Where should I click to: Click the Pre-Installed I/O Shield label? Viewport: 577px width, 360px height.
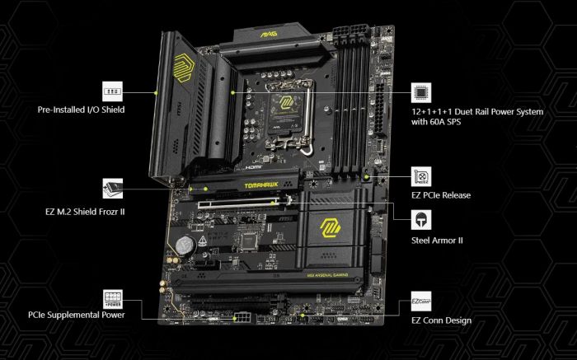81,110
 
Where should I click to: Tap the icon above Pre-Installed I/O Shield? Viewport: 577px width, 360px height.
113,91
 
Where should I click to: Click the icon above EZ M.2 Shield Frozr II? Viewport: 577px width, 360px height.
113,189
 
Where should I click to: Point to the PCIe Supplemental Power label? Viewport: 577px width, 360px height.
76,314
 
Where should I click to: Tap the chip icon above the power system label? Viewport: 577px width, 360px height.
421,91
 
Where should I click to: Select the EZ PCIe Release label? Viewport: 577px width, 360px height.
441,195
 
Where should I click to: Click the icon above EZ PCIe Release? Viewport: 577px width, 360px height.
421,177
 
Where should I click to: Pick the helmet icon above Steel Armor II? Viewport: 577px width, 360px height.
421,220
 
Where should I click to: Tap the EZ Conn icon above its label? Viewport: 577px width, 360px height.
421,302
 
